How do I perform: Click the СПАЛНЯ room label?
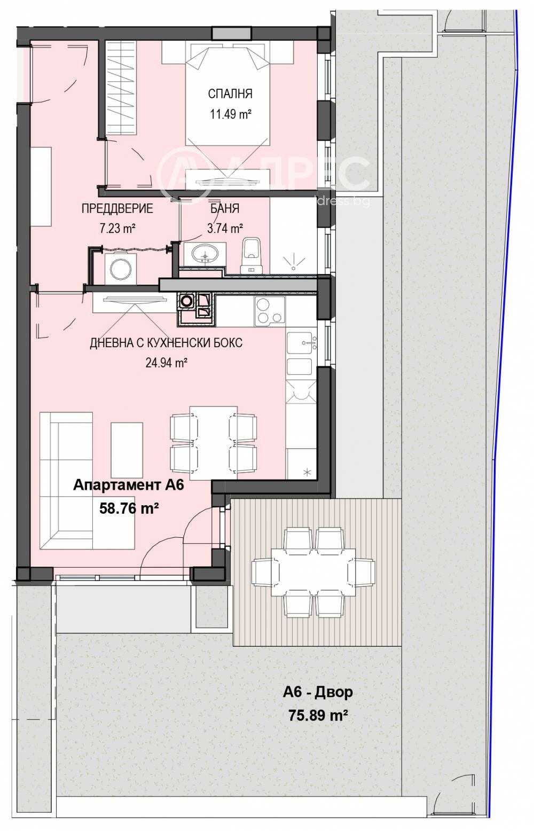230,94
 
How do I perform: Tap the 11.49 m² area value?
230,114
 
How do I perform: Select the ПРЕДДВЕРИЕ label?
117,208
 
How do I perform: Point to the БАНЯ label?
224,208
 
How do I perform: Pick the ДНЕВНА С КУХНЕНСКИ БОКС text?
166,342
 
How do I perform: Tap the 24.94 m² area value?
166,363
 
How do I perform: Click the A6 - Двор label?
318,693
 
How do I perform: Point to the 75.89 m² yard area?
318,715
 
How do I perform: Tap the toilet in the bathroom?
251,253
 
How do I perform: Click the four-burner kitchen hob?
269,310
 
